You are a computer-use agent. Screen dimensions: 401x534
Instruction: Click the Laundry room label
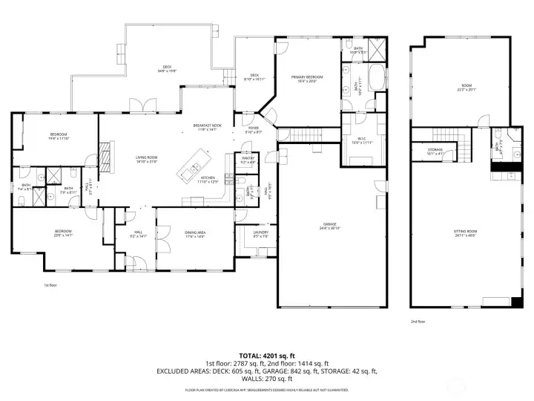pyautogui.click(x=260, y=232)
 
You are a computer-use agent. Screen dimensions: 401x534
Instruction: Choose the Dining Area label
pyautogui.click(x=195, y=233)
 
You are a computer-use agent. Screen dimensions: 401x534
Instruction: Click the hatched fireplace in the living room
pyautogui.click(x=105, y=158)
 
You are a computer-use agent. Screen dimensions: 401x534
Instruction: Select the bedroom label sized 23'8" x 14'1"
pyautogui.click(x=63, y=233)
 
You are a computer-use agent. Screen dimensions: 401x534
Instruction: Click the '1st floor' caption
pyautogui.click(x=50, y=284)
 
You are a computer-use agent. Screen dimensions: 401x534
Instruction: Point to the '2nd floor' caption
pyautogui.click(x=418, y=322)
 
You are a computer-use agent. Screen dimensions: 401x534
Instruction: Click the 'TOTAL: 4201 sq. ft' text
pyautogui.click(x=267, y=355)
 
